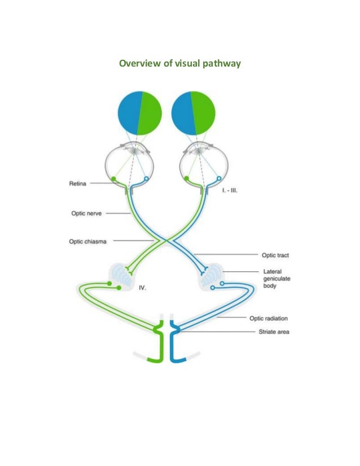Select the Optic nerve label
(84, 213)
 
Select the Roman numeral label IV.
(142, 288)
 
